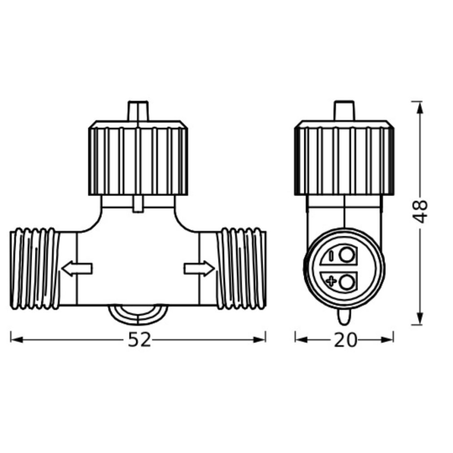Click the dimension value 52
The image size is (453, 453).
point(139,340)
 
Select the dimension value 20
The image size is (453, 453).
point(345,340)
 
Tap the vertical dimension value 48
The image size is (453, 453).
point(420,211)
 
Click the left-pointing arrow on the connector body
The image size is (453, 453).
point(77,268)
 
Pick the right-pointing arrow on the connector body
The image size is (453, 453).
point(199,268)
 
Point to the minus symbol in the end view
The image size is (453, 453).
point(331,256)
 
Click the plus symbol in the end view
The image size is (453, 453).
point(331,282)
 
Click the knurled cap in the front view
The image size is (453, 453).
point(138,158)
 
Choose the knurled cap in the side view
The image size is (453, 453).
point(344,158)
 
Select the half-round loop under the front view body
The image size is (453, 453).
point(138,314)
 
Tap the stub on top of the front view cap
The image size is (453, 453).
point(138,112)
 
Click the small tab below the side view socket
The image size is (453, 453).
point(343,316)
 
